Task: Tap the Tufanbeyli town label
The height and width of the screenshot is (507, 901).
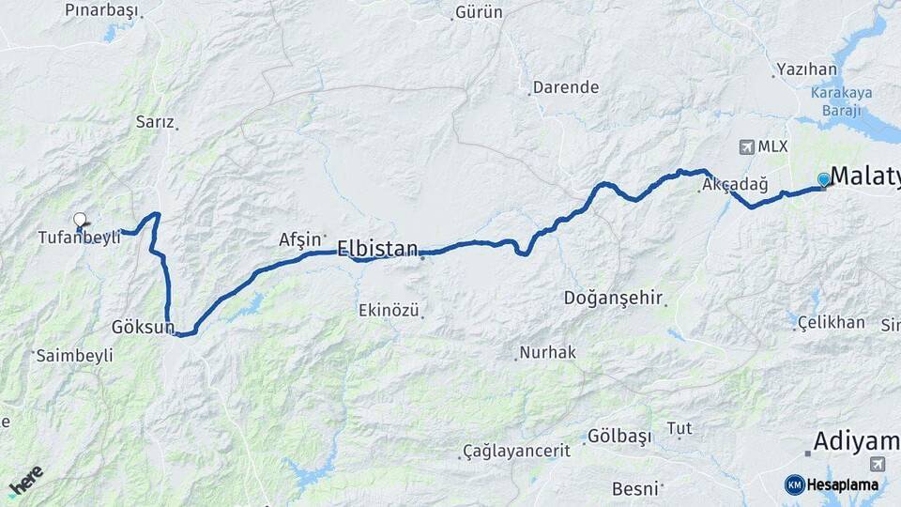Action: pyautogui.click(x=80, y=238)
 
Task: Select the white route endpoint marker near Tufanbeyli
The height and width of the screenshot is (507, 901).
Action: pyautogui.click(x=80, y=219)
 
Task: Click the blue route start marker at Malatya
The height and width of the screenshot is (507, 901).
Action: pyautogui.click(x=824, y=179)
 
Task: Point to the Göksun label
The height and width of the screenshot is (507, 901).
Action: pyautogui.click(x=143, y=328)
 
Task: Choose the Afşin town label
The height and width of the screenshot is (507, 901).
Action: pyautogui.click(x=300, y=239)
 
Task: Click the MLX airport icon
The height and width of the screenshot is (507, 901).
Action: pyautogui.click(x=747, y=146)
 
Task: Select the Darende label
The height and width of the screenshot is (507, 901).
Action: pyautogui.click(x=565, y=87)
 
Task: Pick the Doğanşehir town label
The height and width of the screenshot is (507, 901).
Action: pyautogui.click(x=614, y=299)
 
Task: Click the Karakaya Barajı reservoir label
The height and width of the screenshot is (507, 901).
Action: pyautogui.click(x=842, y=101)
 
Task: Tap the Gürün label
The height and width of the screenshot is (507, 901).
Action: pyautogui.click(x=479, y=12)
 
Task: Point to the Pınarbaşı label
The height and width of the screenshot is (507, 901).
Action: pyautogui.click(x=101, y=10)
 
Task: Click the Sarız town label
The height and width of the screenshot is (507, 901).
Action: pyautogui.click(x=155, y=122)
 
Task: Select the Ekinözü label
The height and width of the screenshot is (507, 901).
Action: pyautogui.click(x=389, y=310)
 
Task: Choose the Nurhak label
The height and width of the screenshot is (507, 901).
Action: pyautogui.click(x=551, y=353)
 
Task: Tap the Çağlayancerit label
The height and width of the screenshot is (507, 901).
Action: pyautogui.click(x=516, y=452)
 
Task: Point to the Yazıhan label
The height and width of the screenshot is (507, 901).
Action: pyautogui.click(x=806, y=69)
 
